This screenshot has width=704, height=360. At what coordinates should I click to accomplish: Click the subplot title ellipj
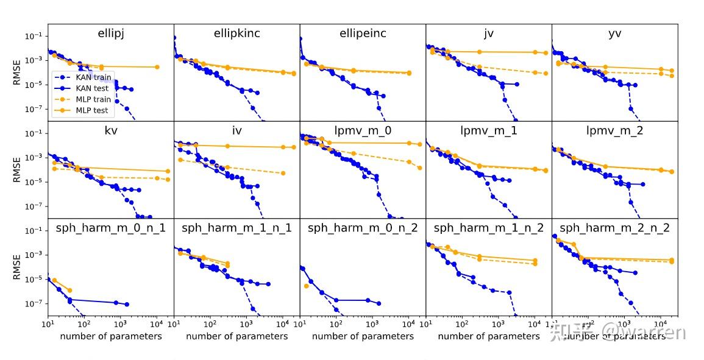110,34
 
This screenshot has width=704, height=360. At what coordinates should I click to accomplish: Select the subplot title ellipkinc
236,34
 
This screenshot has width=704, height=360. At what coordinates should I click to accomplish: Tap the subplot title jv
488,34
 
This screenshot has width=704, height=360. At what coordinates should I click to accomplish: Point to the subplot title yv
614,34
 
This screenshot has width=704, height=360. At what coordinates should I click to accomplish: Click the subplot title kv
110,130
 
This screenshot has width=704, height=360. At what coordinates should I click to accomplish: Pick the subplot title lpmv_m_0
363,130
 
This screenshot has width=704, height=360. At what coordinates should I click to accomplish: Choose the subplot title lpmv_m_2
614,130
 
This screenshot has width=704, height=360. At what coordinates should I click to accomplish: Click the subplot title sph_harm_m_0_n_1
110,228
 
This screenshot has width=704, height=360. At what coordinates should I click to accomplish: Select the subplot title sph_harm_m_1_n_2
488,228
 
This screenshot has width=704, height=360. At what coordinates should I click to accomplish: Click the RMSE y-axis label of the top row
17,72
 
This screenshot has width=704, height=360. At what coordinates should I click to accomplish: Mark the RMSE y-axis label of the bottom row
17,267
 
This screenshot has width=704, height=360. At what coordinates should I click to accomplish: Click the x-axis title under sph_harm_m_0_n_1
110,336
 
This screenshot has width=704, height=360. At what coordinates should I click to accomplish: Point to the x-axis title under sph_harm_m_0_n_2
363,336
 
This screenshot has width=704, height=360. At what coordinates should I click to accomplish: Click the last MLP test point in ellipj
157,67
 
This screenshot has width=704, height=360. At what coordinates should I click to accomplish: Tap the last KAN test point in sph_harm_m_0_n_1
127,304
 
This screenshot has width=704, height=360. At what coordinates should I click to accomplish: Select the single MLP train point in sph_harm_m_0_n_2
307,286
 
